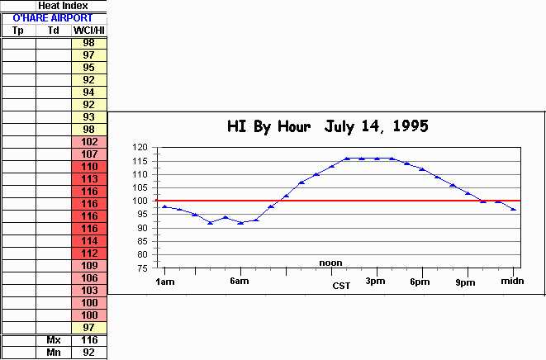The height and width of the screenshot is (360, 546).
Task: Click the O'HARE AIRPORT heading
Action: [54, 17]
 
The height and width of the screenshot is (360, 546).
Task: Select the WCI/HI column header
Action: [88, 31]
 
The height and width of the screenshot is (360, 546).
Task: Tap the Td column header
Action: [54, 31]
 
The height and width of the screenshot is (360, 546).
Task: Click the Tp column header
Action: [18, 31]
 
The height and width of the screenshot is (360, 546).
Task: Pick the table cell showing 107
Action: [88, 154]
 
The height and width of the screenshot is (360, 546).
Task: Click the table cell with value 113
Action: [88, 178]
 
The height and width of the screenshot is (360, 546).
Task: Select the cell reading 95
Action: [88, 67]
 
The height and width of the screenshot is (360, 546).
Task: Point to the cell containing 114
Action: [88, 240]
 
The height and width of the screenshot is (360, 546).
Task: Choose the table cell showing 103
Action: [88, 290]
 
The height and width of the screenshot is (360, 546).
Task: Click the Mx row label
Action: [54, 340]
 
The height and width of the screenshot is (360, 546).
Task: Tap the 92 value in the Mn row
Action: [88, 353]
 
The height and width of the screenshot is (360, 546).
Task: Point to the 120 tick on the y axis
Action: [140, 148]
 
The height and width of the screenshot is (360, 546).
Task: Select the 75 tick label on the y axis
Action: [142, 268]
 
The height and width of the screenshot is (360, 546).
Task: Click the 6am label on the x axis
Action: [240, 282]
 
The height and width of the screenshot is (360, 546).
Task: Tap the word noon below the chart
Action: [330, 263]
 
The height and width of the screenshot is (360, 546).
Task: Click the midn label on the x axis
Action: [512, 282]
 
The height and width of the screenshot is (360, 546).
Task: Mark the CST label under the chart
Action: [342, 286]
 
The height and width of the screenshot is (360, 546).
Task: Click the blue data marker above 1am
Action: [164, 206]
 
